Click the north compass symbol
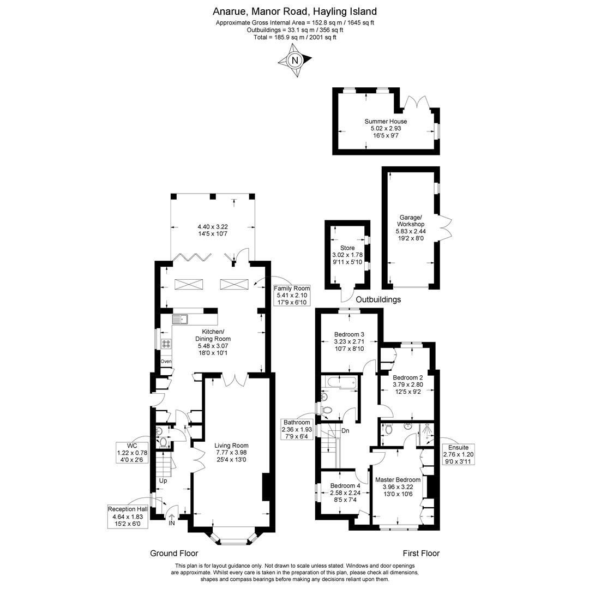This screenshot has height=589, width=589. pyautogui.click(x=295, y=61)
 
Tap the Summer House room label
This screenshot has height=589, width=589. pyautogui.click(x=386, y=122)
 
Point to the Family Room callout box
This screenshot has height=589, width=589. pyautogui.click(x=292, y=295)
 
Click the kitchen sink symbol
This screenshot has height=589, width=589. pyautogui.click(x=179, y=319)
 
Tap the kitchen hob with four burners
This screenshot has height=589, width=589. pyautogui.click(x=166, y=344)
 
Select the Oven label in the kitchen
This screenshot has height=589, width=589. pyautogui.click(x=166, y=362)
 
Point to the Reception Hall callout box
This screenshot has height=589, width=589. pyautogui.click(x=128, y=516)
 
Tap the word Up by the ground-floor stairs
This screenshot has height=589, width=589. pyautogui.click(x=163, y=480)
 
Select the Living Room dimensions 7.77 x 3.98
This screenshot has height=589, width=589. pyautogui.click(x=231, y=452)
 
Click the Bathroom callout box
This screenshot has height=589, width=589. pyautogui.click(x=297, y=429)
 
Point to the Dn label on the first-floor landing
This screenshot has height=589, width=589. pyautogui.click(x=345, y=431)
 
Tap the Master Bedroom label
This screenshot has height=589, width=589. pyautogui.click(x=398, y=480)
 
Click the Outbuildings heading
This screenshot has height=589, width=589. pyautogui.click(x=378, y=299)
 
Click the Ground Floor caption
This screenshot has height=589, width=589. pyautogui.click(x=174, y=553)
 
